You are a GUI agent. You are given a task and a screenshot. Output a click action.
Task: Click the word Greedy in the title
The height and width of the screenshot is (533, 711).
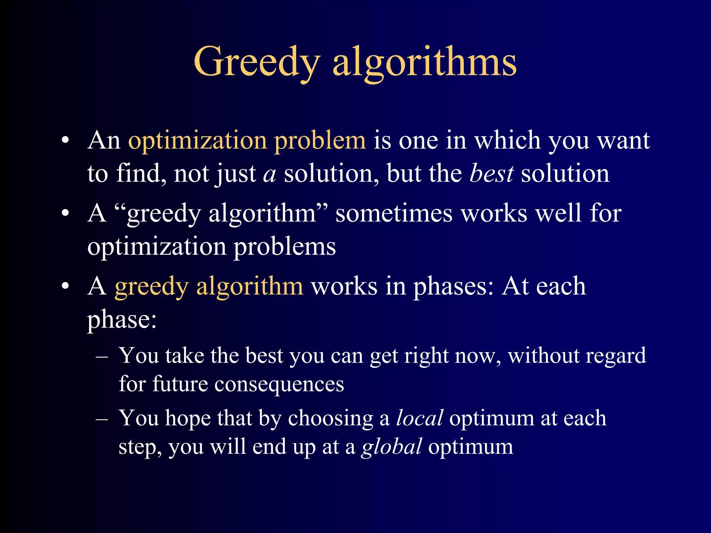click(x=257, y=62)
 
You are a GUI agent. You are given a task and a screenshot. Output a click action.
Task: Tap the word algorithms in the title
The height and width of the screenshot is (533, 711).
click(x=424, y=62)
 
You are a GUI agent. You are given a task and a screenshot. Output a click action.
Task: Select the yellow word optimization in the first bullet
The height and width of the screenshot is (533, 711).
click(x=198, y=141)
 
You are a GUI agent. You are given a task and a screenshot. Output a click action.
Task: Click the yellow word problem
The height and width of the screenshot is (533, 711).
click(x=320, y=141)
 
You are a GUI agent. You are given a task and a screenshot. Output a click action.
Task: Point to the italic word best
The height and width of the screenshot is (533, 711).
click(x=491, y=174)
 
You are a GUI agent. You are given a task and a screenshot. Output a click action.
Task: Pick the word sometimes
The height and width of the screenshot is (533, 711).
click(x=394, y=213)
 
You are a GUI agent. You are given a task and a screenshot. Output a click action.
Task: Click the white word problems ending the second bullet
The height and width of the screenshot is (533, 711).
click(x=284, y=247)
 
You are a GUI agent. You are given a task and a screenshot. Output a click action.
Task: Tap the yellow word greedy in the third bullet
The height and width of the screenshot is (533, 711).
click(x=151, y=287)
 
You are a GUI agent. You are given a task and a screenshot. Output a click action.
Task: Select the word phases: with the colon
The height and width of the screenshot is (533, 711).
click(x=453, y=287)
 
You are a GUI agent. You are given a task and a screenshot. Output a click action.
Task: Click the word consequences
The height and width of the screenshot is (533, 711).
click(x=279, y=384)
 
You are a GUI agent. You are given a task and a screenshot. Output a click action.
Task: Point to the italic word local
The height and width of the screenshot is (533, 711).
click(x=419, y=418)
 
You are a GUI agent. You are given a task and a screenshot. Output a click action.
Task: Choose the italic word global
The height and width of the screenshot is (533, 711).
click(x=392, y=447)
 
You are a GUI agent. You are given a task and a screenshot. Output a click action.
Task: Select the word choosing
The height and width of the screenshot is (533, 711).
click(x=330, y=418)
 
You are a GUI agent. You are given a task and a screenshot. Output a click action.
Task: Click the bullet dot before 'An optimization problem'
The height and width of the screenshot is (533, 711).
click(x=65, y=141)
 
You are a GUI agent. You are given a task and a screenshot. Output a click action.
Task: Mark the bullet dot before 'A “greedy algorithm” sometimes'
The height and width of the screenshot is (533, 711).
click(x=65, y=214)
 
